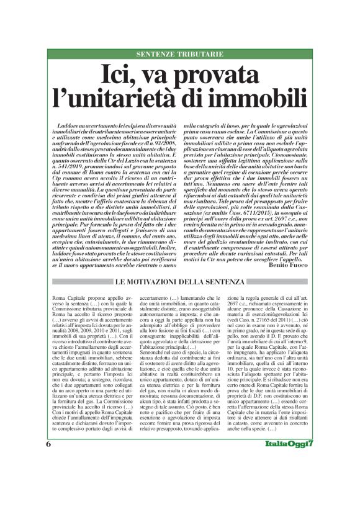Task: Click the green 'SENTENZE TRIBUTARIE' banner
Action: (179, 54)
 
